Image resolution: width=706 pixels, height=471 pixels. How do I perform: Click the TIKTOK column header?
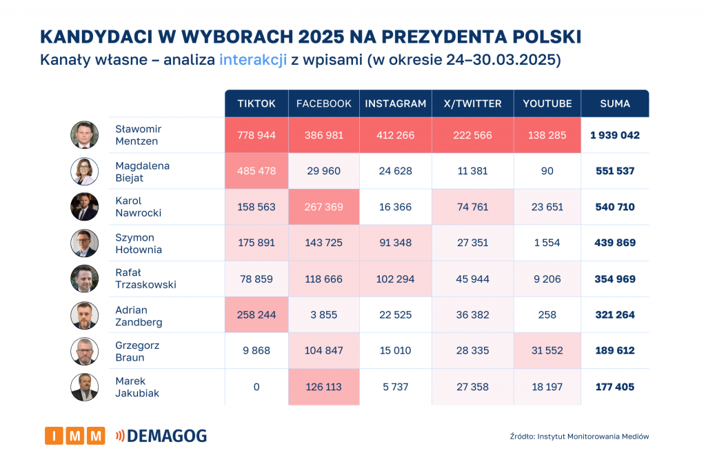tap(256, 103)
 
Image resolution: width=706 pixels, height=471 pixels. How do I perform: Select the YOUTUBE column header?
tap(547, 103)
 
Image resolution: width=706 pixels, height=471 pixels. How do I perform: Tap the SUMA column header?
tap(615, 103)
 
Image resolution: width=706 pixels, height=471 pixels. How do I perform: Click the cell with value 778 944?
tap(256, 135)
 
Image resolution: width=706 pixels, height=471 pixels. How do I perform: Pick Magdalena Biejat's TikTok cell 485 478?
tap(256, 171)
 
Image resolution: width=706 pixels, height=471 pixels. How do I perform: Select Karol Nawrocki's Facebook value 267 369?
tap(324, 207)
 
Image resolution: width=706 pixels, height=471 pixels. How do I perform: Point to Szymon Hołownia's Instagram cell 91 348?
tap(396, 243)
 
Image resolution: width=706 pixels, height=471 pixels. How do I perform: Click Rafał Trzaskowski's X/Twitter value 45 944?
tap(473, 279)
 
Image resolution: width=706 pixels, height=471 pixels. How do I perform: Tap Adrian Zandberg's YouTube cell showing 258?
tap(547, 315)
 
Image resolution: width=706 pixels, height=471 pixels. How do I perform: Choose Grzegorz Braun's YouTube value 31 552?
tap(547, 351)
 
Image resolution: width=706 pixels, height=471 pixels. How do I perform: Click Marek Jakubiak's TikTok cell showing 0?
tap(256, 387)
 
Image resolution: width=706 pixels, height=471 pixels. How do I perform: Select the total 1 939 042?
tap(615, 135)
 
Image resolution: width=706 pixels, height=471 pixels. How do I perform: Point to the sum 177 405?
tap(615, 387)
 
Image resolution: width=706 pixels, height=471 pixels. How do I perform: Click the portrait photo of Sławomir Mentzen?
tap(85, 135)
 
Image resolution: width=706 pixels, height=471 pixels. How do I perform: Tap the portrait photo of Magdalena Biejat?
tap(85, 171)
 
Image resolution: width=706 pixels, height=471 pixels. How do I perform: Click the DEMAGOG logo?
tap(161, 436)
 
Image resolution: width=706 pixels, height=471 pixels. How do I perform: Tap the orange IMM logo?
tap(75, 436)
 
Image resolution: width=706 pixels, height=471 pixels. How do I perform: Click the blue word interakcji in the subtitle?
tap(253, 60)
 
